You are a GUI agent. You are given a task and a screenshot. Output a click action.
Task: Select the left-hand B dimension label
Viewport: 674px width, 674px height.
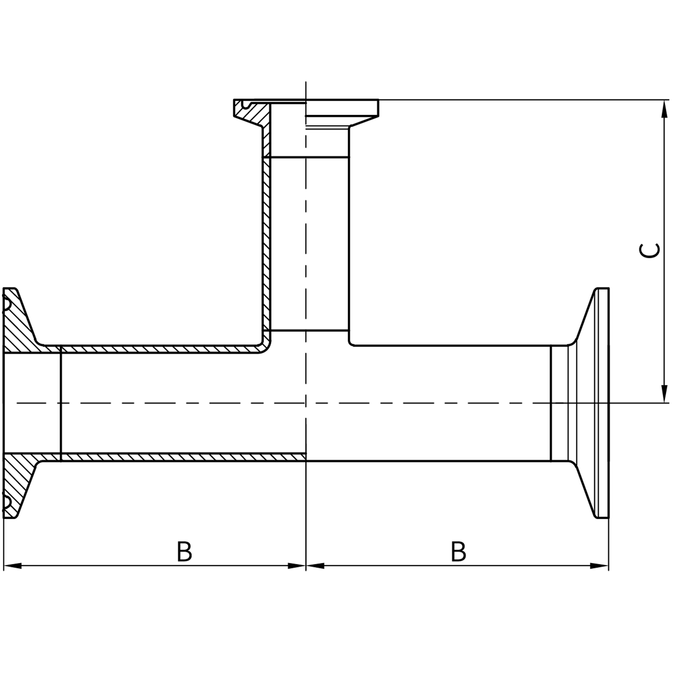click(184, 552)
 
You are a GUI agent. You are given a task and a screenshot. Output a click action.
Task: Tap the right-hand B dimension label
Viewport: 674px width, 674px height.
click(458, 552)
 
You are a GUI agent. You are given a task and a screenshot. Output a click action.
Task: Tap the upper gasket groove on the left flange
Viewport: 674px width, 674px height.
click(7, 304)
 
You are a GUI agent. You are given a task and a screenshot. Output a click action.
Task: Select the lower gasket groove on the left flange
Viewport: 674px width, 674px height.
click(7, 502)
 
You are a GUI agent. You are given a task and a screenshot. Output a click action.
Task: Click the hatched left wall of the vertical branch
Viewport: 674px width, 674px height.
click(267, 245)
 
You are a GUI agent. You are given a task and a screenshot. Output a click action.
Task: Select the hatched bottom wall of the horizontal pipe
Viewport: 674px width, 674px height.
click(178, 457)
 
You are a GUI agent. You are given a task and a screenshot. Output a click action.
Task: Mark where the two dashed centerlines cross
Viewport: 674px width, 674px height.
click(306, 403)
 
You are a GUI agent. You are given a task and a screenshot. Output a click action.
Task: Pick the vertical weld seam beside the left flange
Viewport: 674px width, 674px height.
click(60, 403)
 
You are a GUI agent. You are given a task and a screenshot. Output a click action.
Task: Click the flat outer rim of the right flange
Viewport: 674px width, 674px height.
click(602, 403)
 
